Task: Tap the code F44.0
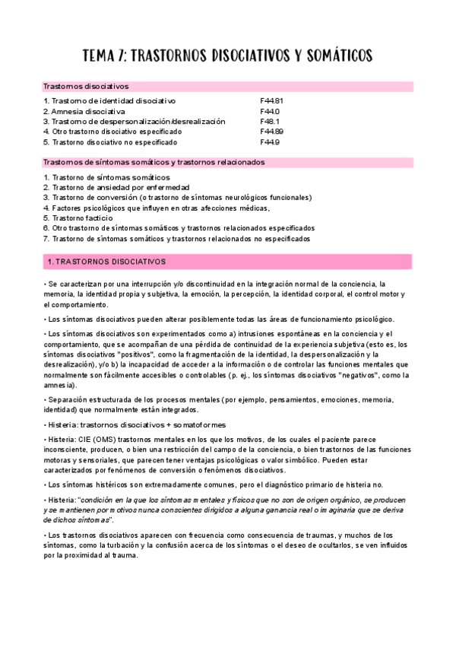pyautogui.click(x=270, y=111)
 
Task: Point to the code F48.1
pyautogui.click(x=270, y=121)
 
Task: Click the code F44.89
pyautogui.click(x=272, y=132)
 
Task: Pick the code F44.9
pyautogui.click(x=270, y=141)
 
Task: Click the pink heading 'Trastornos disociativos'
pyautogui.click(x=86, y=86)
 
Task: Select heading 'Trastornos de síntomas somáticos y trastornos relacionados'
pyautogui.click(x=154, y=162)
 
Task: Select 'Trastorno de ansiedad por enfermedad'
pyautogui.click(x=121, y=187)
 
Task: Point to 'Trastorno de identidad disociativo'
pyautogui.click(x=113, y=100)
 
